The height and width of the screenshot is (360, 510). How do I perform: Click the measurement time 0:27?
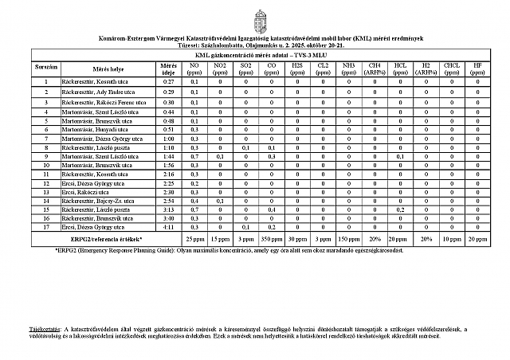point(168,82)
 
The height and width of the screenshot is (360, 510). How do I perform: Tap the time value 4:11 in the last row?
point(168,227)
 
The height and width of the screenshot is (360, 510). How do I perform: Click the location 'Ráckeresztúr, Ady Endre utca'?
point(100,93)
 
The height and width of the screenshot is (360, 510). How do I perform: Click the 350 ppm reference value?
point(273,238)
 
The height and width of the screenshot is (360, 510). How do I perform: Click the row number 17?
point(46,227)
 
